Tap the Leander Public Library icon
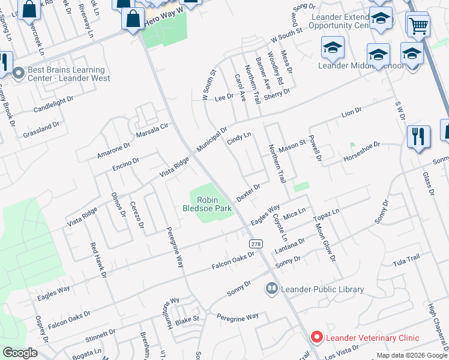271,289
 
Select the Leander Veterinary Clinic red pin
316,338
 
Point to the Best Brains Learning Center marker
19,74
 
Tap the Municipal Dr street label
212,139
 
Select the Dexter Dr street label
248,193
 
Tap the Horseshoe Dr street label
362,151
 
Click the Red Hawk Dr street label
98,260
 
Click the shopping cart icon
418,26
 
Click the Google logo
20,353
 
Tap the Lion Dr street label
352,112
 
